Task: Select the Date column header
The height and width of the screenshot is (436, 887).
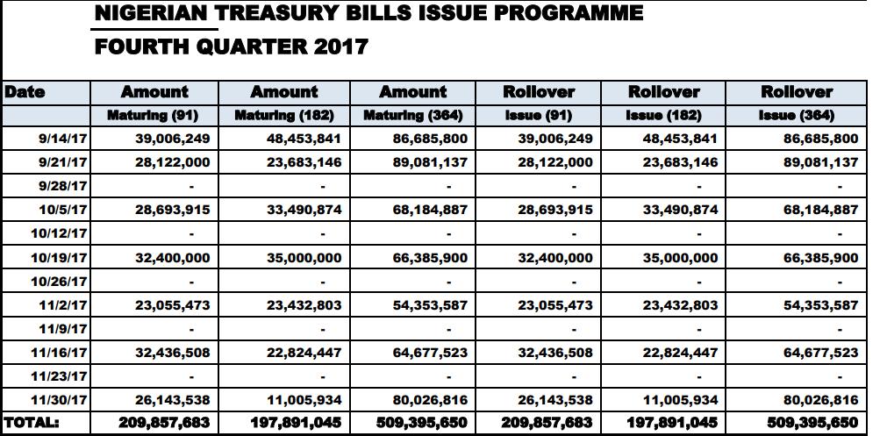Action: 25,91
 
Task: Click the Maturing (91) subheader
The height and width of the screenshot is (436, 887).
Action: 153,115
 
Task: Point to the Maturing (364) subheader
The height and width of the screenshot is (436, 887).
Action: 412,115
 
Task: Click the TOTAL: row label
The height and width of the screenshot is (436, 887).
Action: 32,422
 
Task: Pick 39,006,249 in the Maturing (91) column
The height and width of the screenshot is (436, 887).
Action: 172,139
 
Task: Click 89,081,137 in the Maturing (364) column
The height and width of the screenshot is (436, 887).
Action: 430,162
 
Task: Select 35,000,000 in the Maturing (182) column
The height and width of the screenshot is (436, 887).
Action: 301,258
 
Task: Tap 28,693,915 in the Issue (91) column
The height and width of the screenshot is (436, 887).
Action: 555,210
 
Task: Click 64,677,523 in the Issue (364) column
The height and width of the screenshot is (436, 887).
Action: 819,353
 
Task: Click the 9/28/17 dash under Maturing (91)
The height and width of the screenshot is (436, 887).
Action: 192,186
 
